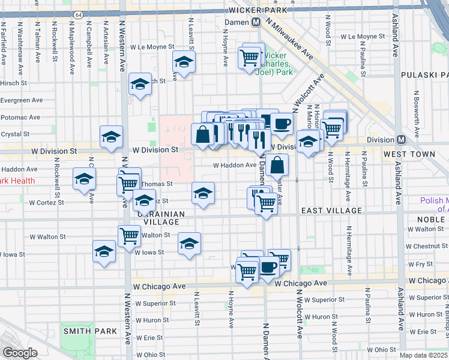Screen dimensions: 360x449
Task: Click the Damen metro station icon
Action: [256, 22]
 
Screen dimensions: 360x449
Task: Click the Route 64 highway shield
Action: [77, 13]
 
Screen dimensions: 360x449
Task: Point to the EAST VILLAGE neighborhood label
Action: [331, 211]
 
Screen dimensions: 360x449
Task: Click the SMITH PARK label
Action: [84, 331]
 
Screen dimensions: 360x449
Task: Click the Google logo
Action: [20, 353]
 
